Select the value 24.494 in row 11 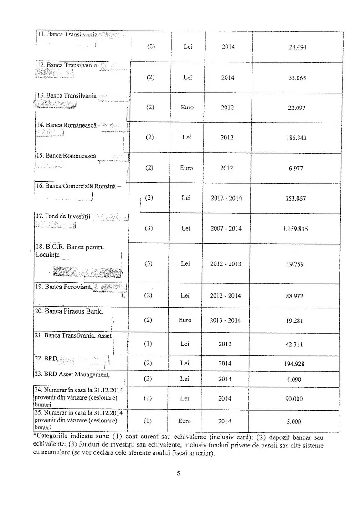click(297, 47)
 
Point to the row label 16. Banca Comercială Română click(77, 186)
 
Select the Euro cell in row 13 click(187, 108)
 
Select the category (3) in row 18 click(149, 264)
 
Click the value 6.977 click(296, 168)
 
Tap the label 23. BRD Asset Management click(72, 375)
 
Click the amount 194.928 click(295, 364)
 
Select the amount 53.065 click(297, 78)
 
